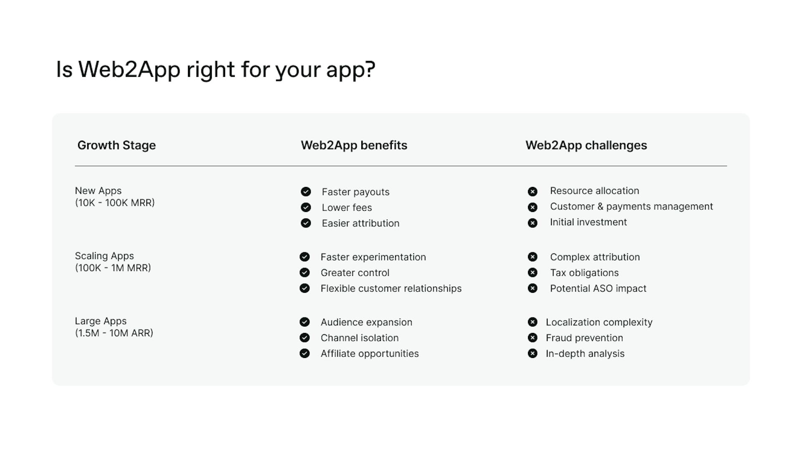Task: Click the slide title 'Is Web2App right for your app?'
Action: point(216,69)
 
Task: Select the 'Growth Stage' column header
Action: point(117,145)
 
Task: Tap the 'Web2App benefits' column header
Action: point(354,145)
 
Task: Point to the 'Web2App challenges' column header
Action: point(586,145)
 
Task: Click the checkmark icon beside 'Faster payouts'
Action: point(306,191)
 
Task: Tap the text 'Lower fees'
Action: point(347,207)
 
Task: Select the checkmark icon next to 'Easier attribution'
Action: point(306,223)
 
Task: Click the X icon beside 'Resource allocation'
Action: point(533,191)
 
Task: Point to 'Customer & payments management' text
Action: point(631,207)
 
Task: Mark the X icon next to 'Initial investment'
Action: point(533,223)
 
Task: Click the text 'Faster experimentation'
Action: point(373,257)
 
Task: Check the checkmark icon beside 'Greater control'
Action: point(305,272)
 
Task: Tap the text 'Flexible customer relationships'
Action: point(391,288)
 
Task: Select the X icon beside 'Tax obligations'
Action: point(533,272)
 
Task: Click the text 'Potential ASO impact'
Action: point(598,288)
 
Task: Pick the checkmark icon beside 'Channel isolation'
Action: point(305,338)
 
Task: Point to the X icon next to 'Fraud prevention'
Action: point(533,338)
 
